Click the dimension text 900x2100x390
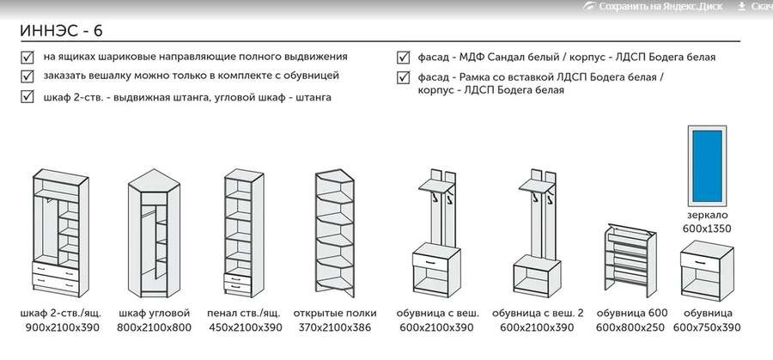61,328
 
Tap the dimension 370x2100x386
335,328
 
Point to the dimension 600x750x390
708,328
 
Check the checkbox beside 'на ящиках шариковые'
26,58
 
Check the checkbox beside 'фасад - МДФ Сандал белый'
403,58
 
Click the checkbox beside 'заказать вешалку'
26,77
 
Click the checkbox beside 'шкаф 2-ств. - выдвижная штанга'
26,97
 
